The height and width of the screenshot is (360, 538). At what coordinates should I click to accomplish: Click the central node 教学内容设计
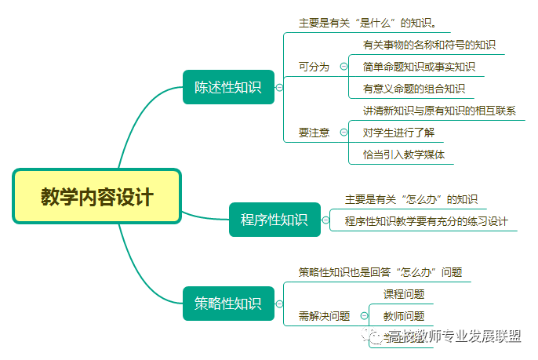point(97,196)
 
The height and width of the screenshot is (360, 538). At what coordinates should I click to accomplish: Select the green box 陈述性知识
point(228,87)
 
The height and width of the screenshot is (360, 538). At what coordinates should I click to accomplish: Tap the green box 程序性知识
point(274,220)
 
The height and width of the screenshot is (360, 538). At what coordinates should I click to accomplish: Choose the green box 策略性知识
point(228,304)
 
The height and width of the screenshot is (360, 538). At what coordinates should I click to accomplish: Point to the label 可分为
point(314,67)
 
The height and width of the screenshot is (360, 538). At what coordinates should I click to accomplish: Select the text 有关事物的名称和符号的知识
point(429,45)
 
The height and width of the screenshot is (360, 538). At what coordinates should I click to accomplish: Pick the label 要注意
point(314,133)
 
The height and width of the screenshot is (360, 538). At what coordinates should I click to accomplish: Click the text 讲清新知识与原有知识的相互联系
point(439,111)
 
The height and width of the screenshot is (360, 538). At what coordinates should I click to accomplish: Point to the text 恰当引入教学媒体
point(404,155)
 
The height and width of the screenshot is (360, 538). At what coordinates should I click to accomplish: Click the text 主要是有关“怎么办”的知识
point(411,199)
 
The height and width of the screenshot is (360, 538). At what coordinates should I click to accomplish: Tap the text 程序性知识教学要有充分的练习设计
point(427,221)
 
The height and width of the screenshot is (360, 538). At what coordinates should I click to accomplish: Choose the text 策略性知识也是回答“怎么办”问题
point(380,272)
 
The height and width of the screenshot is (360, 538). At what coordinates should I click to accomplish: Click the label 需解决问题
point(325,316)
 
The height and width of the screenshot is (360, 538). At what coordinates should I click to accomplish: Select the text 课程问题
point(404,294)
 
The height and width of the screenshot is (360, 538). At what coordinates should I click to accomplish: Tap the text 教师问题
point(404,316)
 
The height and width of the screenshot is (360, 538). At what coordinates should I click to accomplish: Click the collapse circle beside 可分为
point(344,67)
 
